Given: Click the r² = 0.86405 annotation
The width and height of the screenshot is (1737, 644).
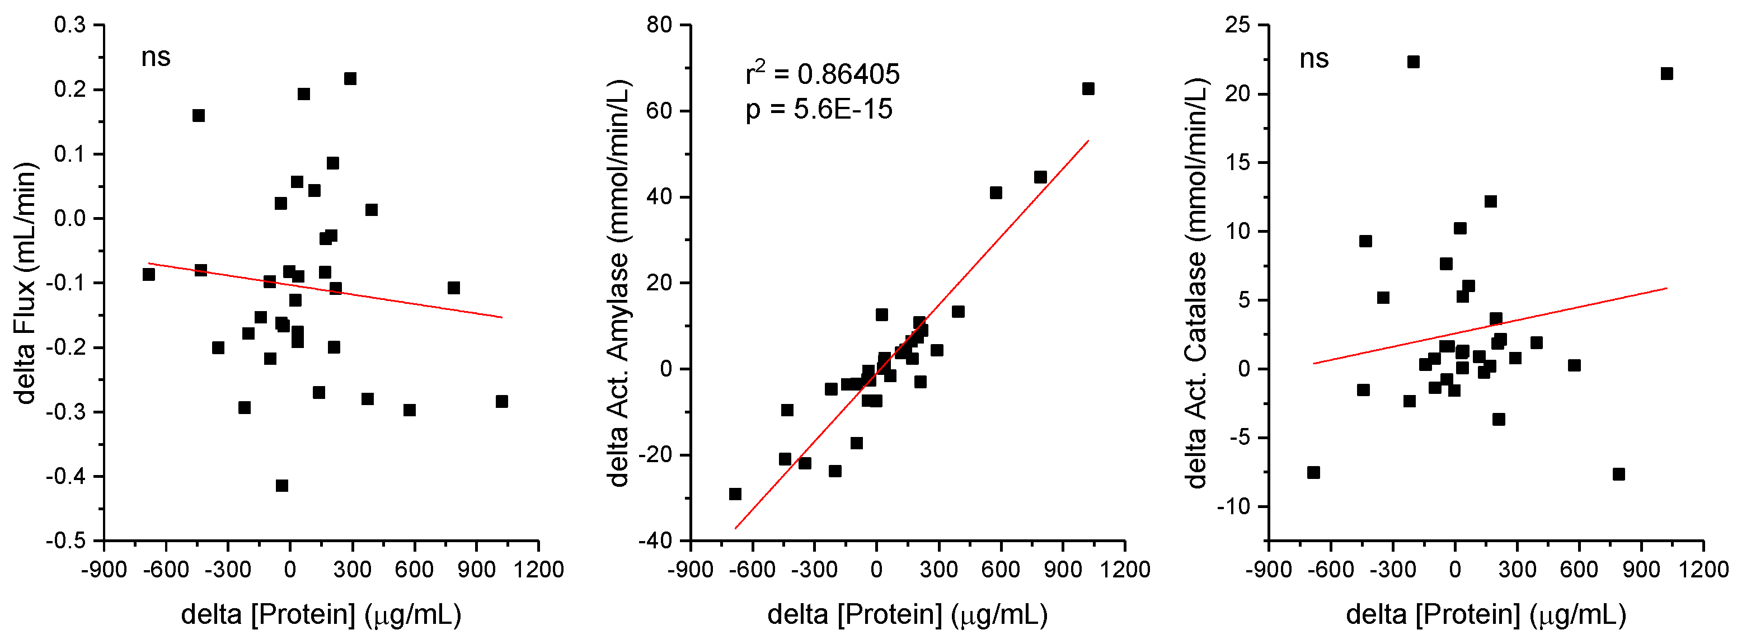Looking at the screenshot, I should click(x=822, y=73).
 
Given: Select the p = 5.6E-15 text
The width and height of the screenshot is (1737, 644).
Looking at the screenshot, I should click(x=819, y=109).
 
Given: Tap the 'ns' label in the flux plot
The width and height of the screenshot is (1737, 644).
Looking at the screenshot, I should click(x=155, y=57).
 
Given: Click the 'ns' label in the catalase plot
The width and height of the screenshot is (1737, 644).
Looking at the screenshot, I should click(x=1313, y=59).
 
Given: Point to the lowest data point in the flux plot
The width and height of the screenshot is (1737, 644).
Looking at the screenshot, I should click(x=282, y=486).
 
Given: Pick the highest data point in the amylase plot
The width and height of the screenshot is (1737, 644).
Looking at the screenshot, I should click(x=1088, y=89).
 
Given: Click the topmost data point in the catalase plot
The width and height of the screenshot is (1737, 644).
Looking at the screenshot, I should click(x=1414, y=62).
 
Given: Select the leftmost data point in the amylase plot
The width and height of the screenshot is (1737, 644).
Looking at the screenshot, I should click(x=735, y=494).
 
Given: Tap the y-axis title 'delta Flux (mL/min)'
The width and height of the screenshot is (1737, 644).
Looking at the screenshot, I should click(x=26, y=283).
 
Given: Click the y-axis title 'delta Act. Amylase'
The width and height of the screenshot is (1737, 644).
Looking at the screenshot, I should click(x=618, y=283).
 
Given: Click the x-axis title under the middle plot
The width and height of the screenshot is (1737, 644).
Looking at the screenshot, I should click(x=907, y=614).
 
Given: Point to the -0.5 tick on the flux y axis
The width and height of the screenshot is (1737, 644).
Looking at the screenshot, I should click(x=65, y=541).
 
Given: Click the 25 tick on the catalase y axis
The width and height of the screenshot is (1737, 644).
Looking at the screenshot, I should click(x=1237, y=25).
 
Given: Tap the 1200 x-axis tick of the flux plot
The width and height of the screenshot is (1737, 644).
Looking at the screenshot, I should click(x=538, y=570).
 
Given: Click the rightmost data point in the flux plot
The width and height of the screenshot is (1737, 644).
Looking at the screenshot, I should click(x=501, y=401).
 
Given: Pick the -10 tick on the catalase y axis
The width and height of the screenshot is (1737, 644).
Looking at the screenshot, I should click(x=1233, y=506).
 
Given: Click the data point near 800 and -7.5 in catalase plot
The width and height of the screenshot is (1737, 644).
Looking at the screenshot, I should click(x=1618, y=474).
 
